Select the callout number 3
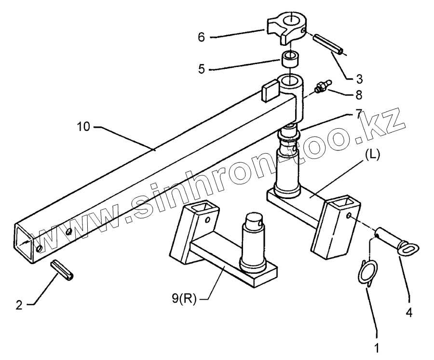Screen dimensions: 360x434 pos(359,78)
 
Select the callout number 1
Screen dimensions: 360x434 pos(377,347)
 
